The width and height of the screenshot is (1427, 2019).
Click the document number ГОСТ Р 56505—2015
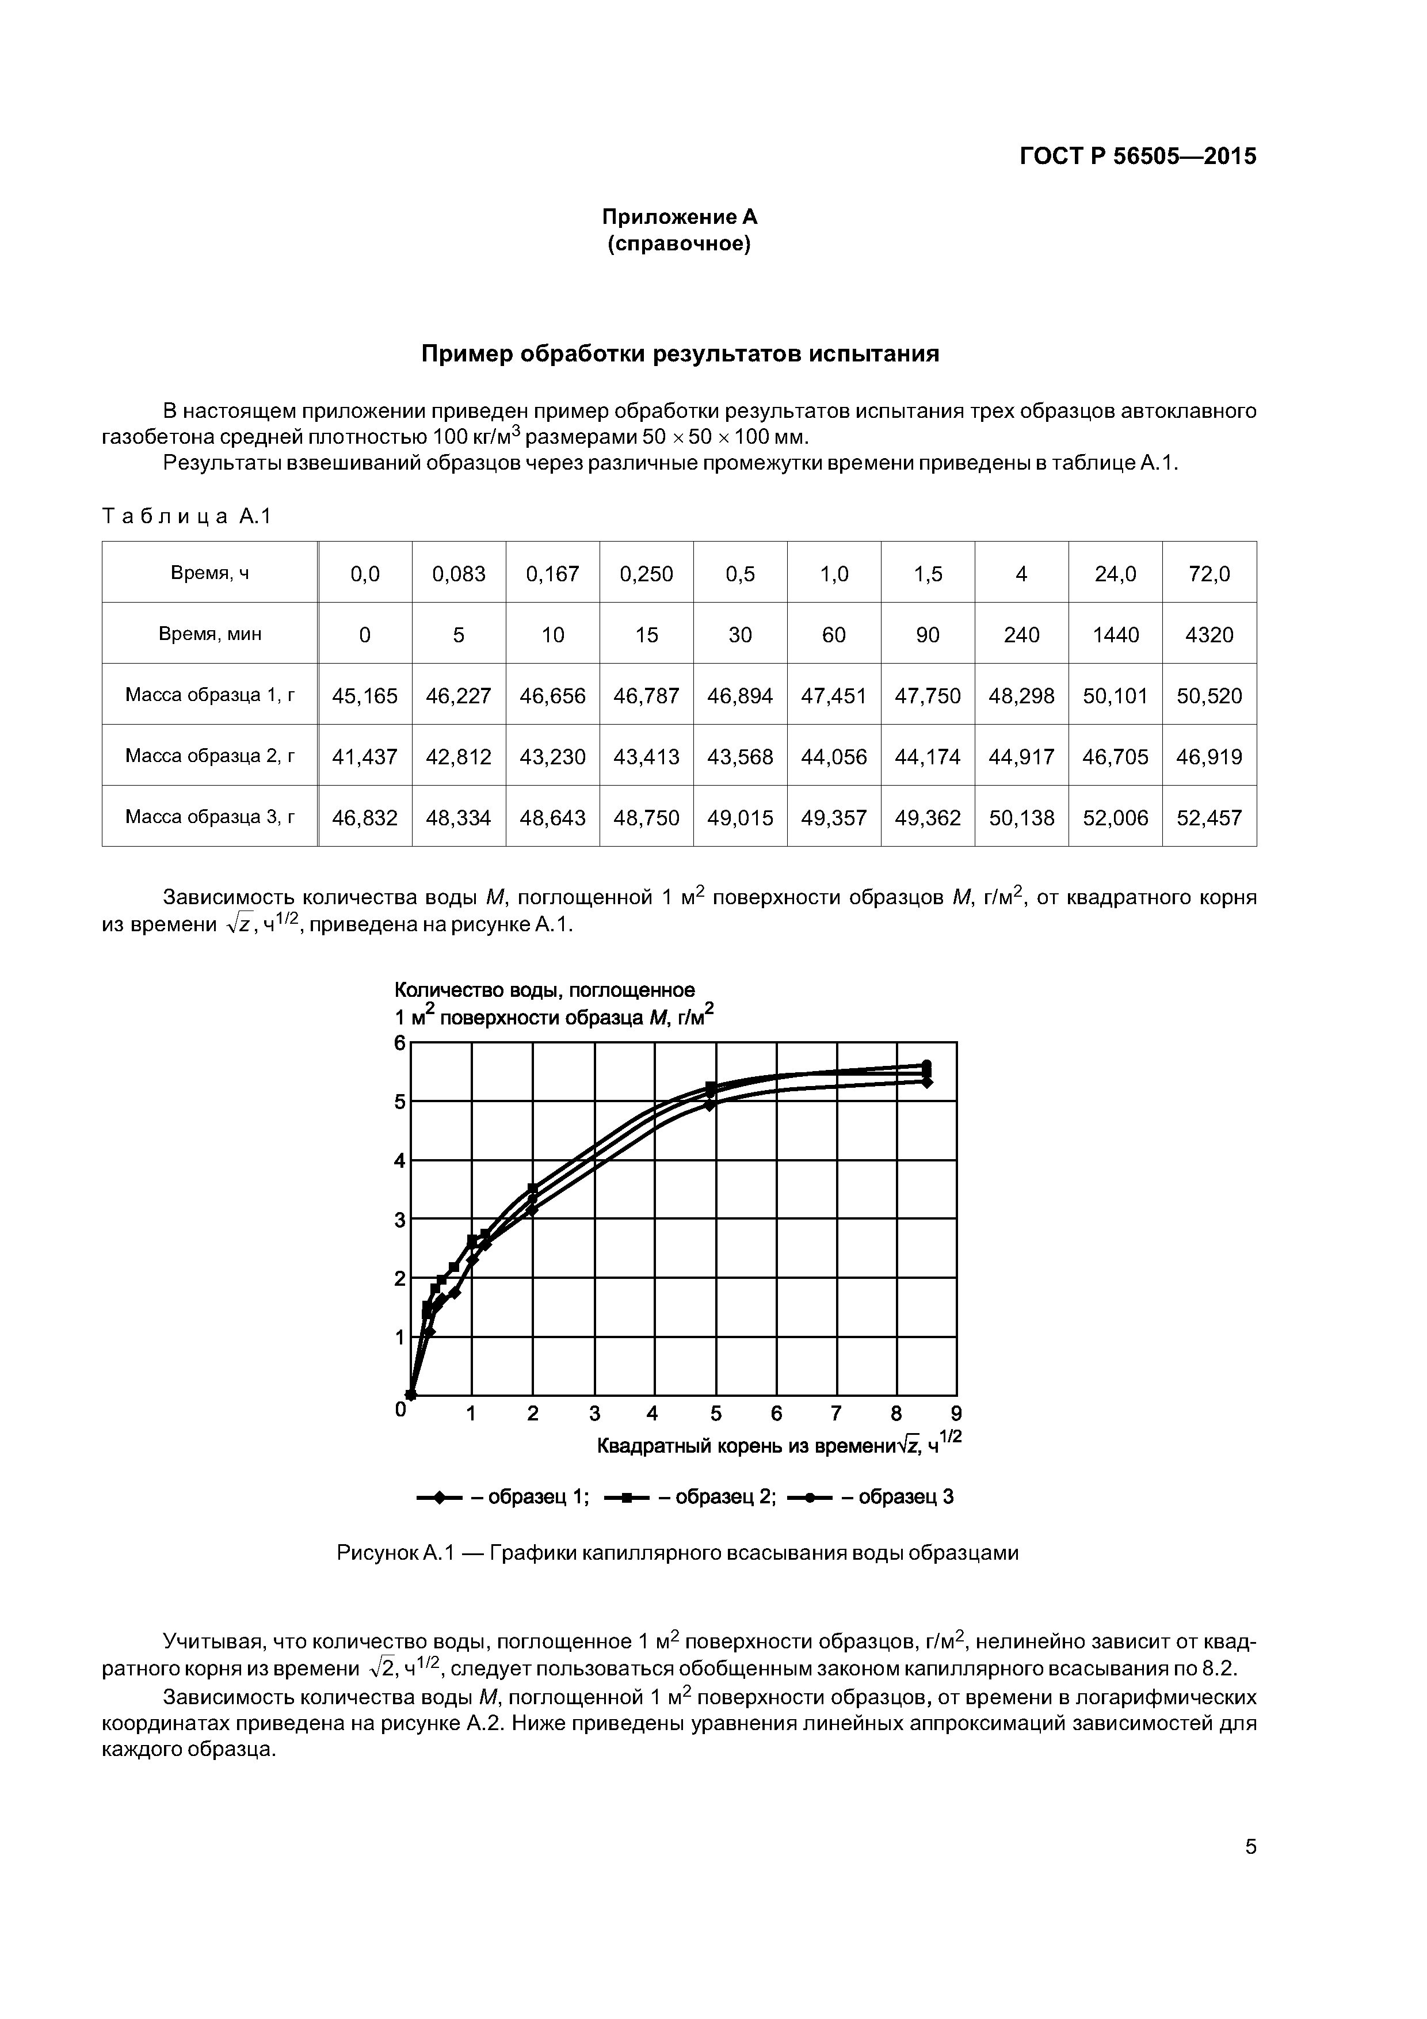[x=1137, y=157]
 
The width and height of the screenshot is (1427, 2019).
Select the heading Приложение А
[x=679, y=216]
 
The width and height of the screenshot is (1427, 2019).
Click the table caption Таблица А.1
[x=186, y=516]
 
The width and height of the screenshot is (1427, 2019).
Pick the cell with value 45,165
[x=365, y=696]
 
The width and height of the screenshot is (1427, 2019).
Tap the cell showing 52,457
[x=1209, y=818]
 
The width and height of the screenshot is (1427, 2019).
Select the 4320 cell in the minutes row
[x=1209, y=635]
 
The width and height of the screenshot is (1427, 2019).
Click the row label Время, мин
[x=209, y=634]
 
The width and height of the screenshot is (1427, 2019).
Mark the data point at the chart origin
[x=411, y=1395]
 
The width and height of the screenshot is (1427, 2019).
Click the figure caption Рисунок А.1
[x=677, y=1553]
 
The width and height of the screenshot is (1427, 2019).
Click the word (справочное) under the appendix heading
[x=679, y=243]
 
